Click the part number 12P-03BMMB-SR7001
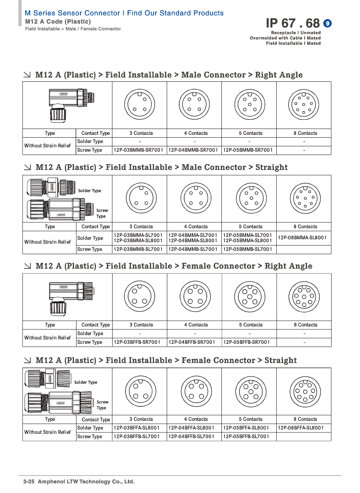(139, 150)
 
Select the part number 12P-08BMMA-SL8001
(303, 237)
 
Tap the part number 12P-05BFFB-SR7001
(248, 342)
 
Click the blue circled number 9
(328, 23)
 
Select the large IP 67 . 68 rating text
(293, 23)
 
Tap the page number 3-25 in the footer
(31, 481)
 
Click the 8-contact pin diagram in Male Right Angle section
(304, 105)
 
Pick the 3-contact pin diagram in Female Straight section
(140, 390)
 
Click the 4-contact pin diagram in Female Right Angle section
(195, 296)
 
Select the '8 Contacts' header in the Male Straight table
(305, 227)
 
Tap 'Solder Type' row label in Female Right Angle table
(90, 334)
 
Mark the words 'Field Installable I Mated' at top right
(293, 43)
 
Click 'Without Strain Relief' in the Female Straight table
(48, 432)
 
